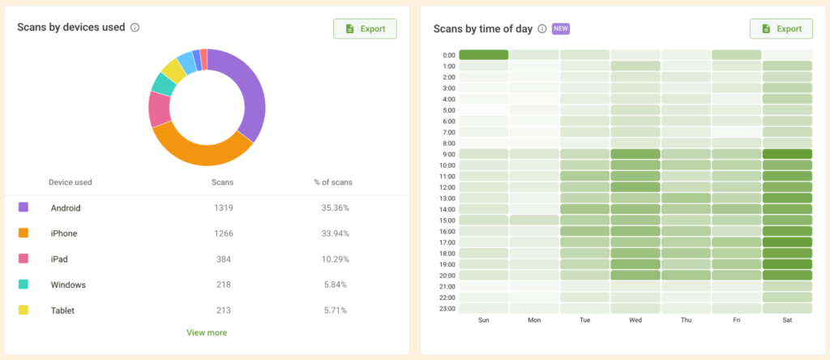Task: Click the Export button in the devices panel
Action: (x=365, y=28)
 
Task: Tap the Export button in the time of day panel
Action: (x=781, y=28)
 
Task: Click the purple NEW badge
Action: (x=561, y=28)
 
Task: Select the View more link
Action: (x=207, y=332)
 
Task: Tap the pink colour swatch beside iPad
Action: (x=24, y=259)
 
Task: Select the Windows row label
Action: (x=68, y=285)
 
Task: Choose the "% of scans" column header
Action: (x=333, y=182)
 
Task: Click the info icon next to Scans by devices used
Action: (x=135, y=28)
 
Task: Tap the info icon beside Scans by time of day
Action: (x=542, y=28)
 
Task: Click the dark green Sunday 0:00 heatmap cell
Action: (x=484, y=55)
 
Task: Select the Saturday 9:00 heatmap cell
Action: (x=787, y=154)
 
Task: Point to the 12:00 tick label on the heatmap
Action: (x=448, y=187)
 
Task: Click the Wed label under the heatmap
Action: (x=635, y=321)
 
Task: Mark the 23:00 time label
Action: (x=448, y=308)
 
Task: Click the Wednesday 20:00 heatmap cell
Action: (x=635, y=275)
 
